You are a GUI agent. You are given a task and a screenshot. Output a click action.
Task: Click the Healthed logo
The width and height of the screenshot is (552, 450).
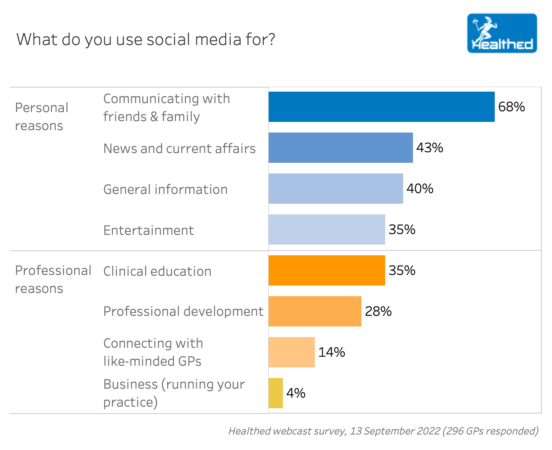pyautogui.click(x=502, y=33)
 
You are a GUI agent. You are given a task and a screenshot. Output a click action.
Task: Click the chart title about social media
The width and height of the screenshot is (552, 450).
pyautogui.click(x=146, y=40)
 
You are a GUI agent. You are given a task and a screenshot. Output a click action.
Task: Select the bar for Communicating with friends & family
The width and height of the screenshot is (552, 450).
pyautogui.click(x=381, y=107)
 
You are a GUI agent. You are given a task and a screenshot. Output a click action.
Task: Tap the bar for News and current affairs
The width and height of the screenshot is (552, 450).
pyautogui.click(x=340, y=148)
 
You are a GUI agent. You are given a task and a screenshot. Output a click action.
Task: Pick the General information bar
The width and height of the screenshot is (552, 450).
pyautogui.click(x=335, y=189)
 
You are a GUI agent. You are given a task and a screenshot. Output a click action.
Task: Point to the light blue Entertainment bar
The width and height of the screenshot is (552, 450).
pyautogui.click(x=326, y=229)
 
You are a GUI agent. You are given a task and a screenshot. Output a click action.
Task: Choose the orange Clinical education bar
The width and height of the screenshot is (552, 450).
pyautogui.click(x=326, y=270)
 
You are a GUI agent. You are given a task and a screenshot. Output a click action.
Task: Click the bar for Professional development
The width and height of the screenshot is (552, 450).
pyautogui.click(x=315, y=311)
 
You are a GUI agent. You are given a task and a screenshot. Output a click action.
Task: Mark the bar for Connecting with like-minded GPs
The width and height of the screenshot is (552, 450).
pyautogui.click(x=292, y=352)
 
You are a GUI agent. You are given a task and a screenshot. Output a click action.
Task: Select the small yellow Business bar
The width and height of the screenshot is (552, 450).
pyautogui.click(x=276, y=393)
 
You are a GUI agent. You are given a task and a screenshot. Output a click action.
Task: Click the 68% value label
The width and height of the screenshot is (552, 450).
pyautogui.click(x=511, y=107)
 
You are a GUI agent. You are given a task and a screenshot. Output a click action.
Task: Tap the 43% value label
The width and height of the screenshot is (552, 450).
pyautogui.click(x=429, y=148)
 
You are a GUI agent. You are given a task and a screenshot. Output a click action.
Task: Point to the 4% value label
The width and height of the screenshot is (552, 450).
pyautogui.click(x=296, y=393)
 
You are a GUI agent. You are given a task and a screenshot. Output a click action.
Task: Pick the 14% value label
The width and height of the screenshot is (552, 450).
pyautogui.click(x=331, y=352)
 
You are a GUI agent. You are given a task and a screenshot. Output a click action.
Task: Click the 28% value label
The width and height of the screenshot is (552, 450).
pyautogui.click(x=378, y=311)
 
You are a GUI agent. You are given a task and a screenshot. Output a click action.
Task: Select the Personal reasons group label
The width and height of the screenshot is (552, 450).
pyautogui.click(x=41, y=117)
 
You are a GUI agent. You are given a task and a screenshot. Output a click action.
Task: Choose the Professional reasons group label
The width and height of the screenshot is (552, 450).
pyautogui.click(x=53, y=279)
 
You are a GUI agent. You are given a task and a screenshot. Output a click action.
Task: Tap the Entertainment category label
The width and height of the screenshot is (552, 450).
pyautogui.click(x=148, y=230)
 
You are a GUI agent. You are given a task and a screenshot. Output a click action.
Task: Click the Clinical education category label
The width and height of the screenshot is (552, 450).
pyautogui.click(x=157, y=271)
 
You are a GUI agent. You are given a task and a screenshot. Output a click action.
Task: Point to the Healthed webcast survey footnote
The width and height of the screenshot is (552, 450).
pyautogui.click(x=383, y=431)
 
